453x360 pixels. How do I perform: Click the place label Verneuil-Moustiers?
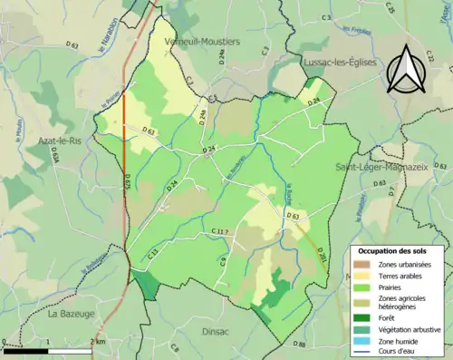pyautogui.click(x=201, y=42)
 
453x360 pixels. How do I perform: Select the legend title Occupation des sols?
pyautogui.click(x=396, y=249)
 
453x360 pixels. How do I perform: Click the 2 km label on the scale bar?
pyautogui.click(x=97, y=341)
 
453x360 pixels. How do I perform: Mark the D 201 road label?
pyautogui.click(x=322, y=259)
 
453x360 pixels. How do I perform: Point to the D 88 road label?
pyautogui.click(x=300, y=345)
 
